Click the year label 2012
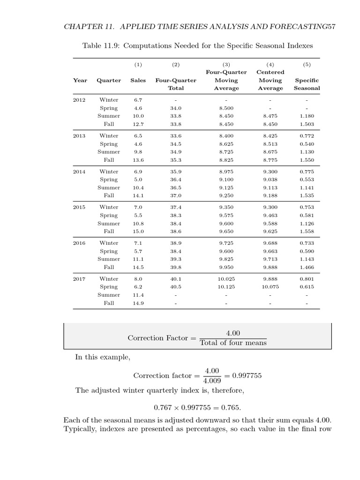(79, 100)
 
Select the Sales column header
(138, 80)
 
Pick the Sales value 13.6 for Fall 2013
(138, 160)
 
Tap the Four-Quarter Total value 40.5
(176, 287)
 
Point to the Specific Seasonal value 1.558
(307, 232)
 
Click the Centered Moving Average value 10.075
(270, 287)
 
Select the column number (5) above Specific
(307, 64)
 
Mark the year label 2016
(79, 243)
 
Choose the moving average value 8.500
(226, 108)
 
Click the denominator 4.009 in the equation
(209, 381)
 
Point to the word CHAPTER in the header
(81, 27)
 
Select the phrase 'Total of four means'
(233, 343)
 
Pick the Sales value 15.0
(138, 232)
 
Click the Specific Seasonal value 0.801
(307, 279)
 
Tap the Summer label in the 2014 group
(109, 187)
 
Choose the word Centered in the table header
(270, 72)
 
